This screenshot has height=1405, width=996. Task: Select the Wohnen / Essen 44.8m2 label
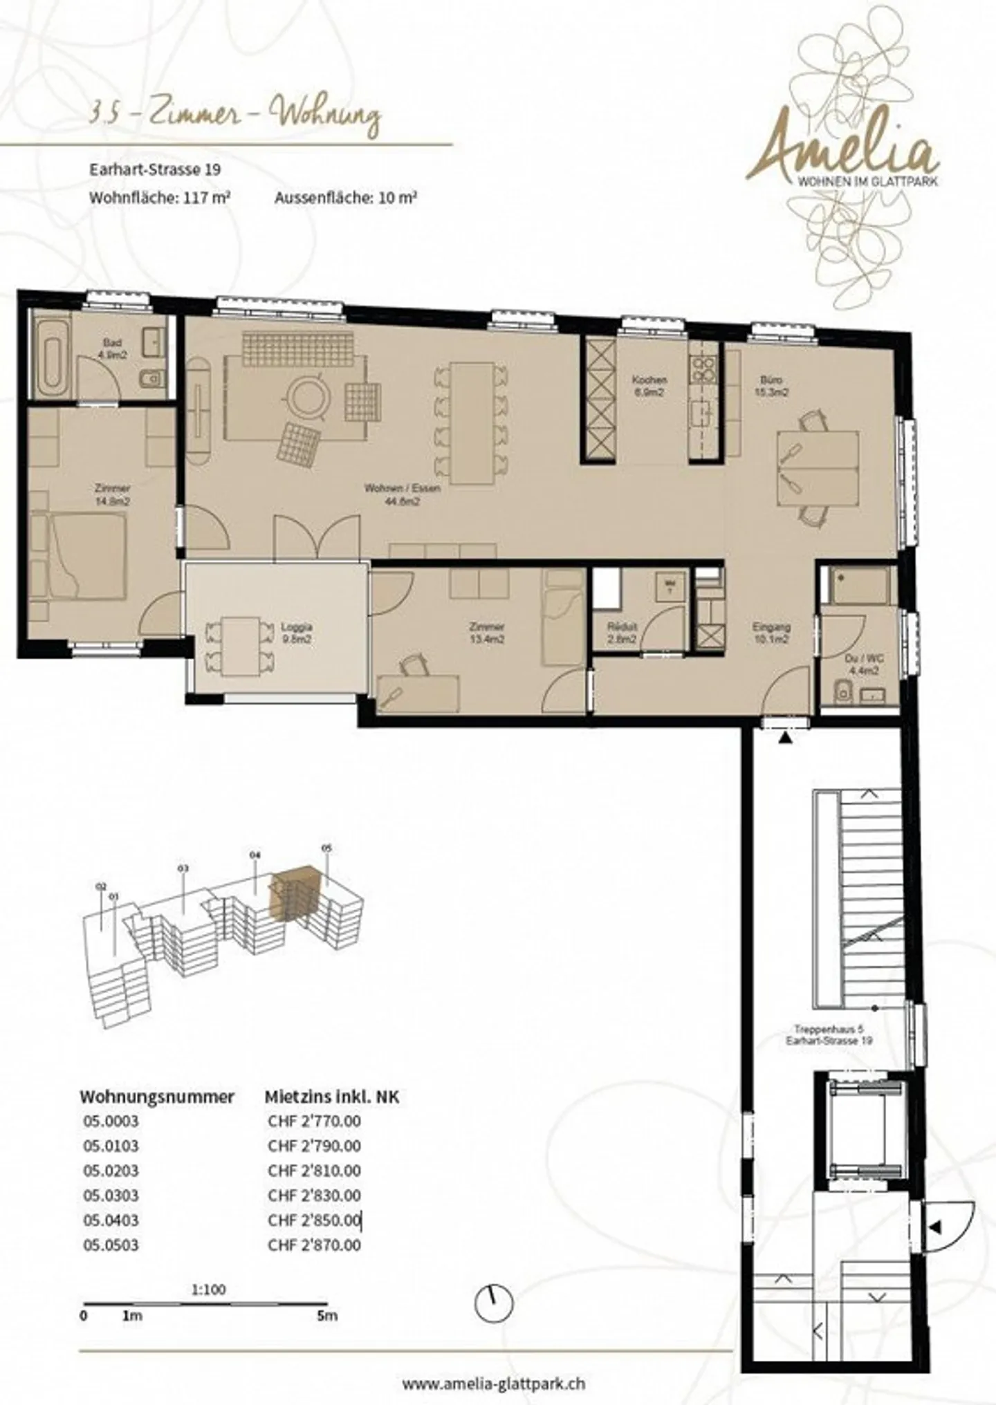[402, 494]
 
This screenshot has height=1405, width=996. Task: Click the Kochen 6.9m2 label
[649, 386]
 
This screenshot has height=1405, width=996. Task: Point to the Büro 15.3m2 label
[771, 386]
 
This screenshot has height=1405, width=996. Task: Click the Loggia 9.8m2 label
[296, 633]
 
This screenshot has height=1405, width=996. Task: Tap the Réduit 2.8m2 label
[621, 633]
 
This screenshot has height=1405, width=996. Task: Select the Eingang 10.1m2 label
[771, 633]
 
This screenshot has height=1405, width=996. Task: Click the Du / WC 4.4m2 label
[863, 664]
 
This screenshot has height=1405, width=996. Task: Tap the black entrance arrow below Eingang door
[786, 738]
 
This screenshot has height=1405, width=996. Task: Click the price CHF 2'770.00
[314, 1121]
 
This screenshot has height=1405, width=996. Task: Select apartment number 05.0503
[111, 1245]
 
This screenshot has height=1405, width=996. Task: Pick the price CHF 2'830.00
[314, 1195]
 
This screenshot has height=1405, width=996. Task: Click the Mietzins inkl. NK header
[332, 1096]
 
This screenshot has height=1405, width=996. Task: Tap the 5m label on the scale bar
[327, 1315]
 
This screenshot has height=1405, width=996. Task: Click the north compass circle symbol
[495, 1304]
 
